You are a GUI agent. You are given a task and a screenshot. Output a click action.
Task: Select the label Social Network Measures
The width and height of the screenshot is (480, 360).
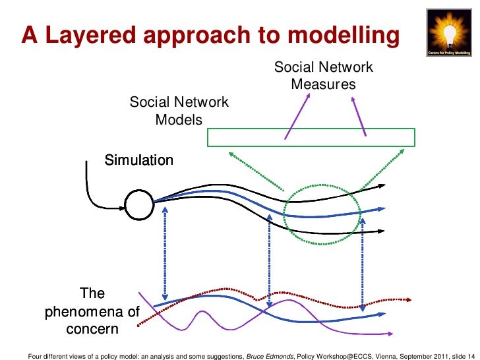323,76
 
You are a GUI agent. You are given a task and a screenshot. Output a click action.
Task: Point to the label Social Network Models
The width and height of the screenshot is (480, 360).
179,111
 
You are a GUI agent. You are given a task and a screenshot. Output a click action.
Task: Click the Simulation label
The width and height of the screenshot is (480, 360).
140,160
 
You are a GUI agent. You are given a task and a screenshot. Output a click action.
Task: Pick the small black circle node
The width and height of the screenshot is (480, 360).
138,204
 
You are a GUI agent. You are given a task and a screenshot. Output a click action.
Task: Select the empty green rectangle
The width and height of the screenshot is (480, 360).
311,137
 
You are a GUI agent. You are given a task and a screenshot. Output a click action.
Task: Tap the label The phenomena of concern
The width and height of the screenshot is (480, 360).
92,311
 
